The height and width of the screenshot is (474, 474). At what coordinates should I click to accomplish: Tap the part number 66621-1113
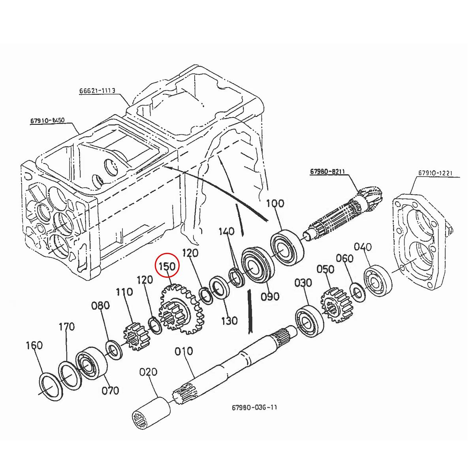click(x=97, y=91)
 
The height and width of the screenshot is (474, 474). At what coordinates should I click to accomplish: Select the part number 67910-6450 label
click(x=47, y=120)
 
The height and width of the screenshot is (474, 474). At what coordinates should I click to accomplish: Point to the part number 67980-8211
click(x=327, y=171)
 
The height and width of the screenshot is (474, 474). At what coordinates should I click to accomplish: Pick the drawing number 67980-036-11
click(x=254, y=407)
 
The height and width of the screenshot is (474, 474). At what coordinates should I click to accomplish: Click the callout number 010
click(x=184, y=351)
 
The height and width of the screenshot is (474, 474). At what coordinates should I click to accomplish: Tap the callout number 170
click(x=67, y=327)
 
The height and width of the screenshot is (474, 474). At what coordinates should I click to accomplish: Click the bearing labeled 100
click(x=287, y=246)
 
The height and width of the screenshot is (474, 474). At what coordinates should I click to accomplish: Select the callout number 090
click(x=270, y=296)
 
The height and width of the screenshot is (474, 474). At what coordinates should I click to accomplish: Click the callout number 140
click(x=226, y=231)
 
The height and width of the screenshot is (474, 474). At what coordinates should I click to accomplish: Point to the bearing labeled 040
click(x=378, y=282)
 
